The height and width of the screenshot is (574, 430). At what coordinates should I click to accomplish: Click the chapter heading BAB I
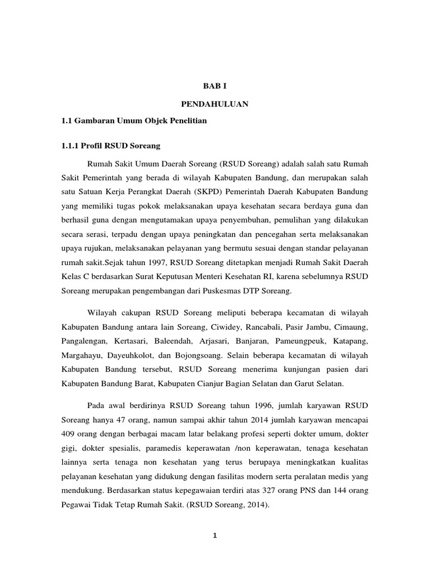coord(215,86)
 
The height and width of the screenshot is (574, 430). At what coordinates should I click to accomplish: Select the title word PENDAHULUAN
coord(215,104)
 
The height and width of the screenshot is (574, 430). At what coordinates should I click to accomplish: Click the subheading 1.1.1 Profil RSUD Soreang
coord(110,146)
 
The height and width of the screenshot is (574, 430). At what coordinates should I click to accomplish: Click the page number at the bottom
coord(214,535)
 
